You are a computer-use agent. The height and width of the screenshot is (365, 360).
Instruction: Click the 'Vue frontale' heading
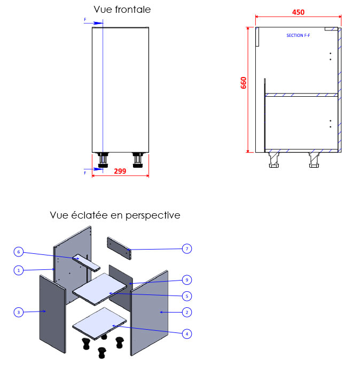click(x=122, y=10)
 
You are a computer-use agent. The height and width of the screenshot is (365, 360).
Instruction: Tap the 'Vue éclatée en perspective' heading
click(x=115, y=215)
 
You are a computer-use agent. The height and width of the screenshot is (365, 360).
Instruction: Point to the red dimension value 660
click(x=244, y=83)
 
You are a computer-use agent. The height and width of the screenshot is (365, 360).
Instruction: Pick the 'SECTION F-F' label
click(x=299, y=35)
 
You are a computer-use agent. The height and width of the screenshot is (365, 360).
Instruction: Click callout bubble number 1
click(x=19, y=270)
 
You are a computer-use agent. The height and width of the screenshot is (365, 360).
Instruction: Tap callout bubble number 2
click(x=186, y=312)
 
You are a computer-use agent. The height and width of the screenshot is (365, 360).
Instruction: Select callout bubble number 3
click(x=19, y=312)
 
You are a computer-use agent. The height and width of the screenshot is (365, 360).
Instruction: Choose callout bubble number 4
click(x=186, y=334)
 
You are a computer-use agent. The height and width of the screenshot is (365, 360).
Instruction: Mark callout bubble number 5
click(x=186, y=296)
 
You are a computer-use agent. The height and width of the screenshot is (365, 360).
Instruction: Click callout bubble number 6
click(x=19, y=251)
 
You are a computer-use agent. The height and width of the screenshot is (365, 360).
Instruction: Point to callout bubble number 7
click(x=186, y=248)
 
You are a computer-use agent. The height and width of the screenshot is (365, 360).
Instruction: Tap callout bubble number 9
click(x=186, y=279)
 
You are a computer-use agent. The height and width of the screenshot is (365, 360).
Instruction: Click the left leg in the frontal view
click(x=102, y=160)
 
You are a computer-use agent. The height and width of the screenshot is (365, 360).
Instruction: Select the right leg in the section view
click(x=314, y=159)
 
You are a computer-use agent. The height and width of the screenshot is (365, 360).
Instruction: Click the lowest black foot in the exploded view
click(x=101, y=353)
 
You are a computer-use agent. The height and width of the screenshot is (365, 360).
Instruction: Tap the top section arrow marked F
click(x=96, y=22)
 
